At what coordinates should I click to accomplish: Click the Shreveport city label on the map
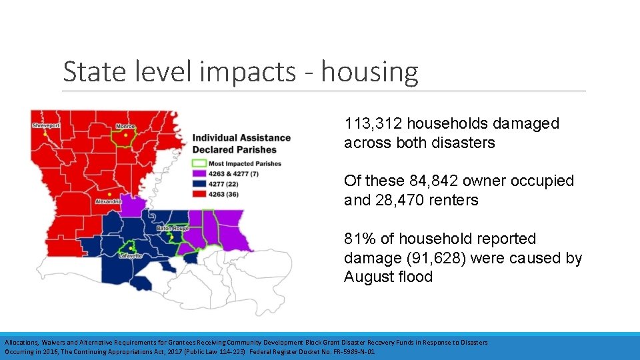(x=45, y=125)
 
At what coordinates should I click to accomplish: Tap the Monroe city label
(x=125, y=126)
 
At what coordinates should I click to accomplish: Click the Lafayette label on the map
(x=130, y=255)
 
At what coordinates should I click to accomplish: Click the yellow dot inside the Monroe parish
(x=125, y=135)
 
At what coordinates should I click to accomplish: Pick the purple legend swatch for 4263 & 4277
(x=199, y=173)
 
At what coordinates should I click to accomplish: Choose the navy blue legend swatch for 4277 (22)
(x=199, y=183)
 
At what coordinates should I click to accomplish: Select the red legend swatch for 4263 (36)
(x=199, y=193)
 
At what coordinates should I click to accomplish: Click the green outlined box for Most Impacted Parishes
(x=199, y=163)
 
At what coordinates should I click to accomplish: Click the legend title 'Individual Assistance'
(x=241, y=138)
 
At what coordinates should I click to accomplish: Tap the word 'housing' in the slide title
(x=369, y=72)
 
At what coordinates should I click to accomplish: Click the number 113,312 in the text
(x=373, y=123)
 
